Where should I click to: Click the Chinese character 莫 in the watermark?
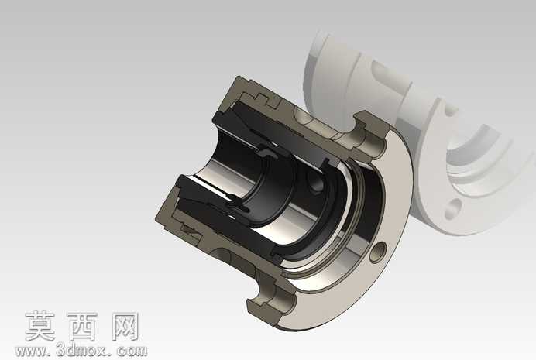coord(41,326)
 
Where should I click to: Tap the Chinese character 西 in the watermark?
coord(82,326)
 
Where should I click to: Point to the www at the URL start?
coord(30,351)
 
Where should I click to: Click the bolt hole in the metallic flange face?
coord(378,252)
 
